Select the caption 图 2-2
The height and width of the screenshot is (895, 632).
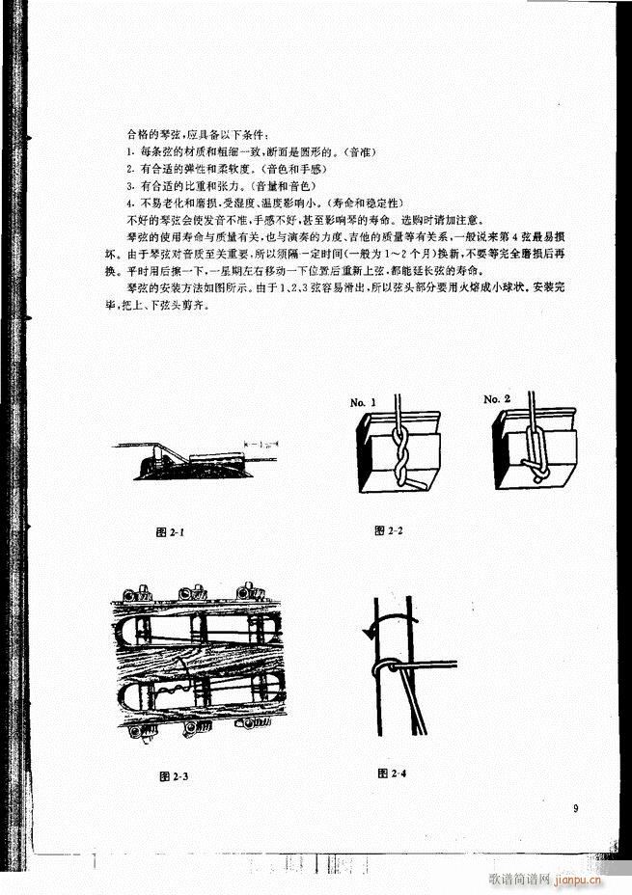[389, 529]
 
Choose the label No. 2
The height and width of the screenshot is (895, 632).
[500, 399]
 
